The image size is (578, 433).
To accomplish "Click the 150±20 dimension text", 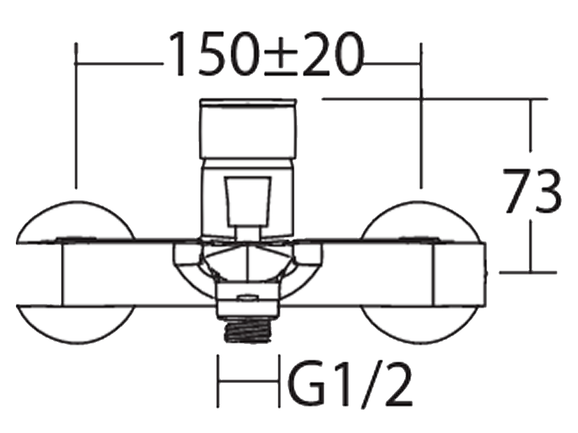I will (x=266, y=54).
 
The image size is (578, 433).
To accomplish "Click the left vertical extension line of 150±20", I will (x=76, y=116).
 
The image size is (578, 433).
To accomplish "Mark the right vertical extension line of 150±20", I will (x=421, y=116).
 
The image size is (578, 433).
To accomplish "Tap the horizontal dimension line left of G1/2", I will (x=249, y=382).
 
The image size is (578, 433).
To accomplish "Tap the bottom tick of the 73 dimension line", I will (x=530, y=272).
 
